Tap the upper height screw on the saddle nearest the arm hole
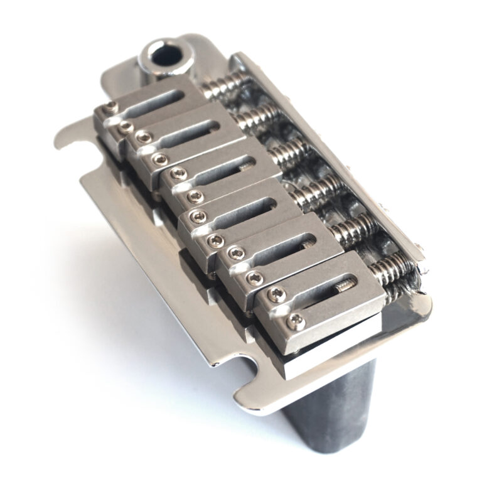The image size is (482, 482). tap(110, 106)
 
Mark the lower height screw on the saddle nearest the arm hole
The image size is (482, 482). tap(126, 127)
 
